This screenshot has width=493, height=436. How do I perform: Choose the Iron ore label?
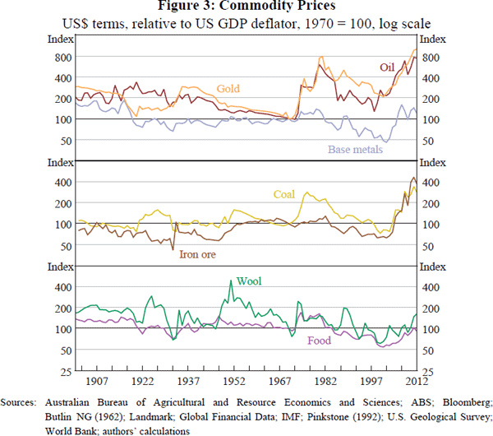tap(198, 254)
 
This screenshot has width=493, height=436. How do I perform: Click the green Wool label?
tap(249, 281)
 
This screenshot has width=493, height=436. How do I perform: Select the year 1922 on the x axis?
tap(144, 383)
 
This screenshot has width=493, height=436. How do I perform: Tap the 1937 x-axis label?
tap(189, 383)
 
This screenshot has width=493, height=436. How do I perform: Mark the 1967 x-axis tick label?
tap(280, 383)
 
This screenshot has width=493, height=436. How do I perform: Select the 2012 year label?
tap(415, 383)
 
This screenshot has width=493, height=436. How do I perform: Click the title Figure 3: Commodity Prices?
tap(246, 8)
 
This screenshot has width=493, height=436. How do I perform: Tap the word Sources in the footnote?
tap(20, 401)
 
